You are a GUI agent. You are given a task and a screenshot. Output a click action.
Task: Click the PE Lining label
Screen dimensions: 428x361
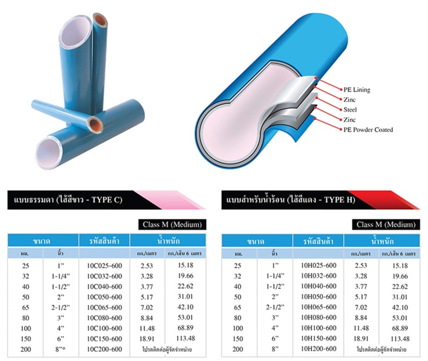coord(357,90)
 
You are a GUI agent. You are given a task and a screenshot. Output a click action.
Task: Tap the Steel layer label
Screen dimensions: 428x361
coord(350,110)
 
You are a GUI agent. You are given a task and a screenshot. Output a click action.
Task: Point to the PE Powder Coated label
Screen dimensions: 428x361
coord(368,129)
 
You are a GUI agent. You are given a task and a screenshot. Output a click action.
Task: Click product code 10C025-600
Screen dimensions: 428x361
coord(105,266)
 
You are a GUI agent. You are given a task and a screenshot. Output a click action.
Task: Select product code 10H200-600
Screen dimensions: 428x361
coord(318,349)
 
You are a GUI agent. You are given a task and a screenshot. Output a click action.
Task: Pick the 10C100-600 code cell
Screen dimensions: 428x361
coord(105,328)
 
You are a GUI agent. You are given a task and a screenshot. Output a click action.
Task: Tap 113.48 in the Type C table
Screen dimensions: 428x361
coord(186,338)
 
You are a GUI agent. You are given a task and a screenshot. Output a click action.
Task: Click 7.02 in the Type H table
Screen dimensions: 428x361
coord(361,307)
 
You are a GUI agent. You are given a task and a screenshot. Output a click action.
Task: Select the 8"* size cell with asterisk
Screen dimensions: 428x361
coord(61,349)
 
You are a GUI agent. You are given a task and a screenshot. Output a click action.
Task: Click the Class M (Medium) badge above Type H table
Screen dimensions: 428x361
coord(386,225)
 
